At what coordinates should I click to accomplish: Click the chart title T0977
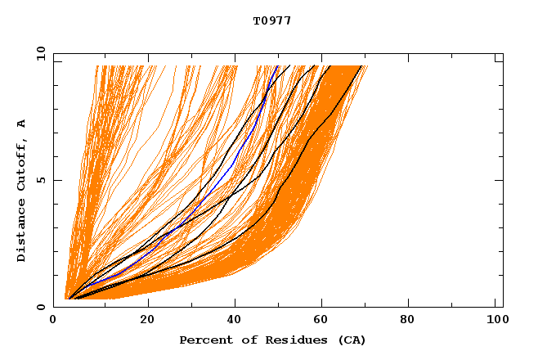[x=272, y=20]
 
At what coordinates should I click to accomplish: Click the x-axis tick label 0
[x=53, y=321]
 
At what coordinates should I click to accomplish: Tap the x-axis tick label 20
[x=147, y=321]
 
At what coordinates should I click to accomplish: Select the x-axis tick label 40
[x=234, y=321]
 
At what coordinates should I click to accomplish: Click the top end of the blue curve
[x=278, y=66]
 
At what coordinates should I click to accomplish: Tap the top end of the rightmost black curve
[x=361, y=66]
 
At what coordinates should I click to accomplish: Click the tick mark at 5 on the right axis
[x=500, y=180]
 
